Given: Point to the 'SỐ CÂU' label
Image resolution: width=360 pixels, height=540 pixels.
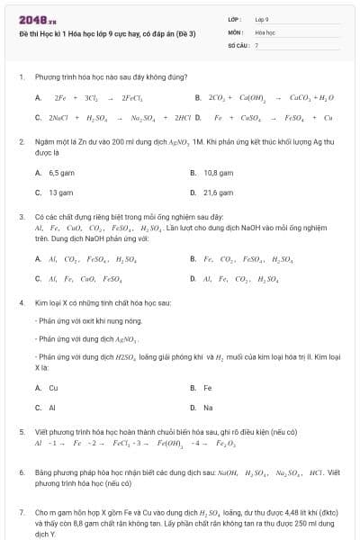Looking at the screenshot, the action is (237, 44).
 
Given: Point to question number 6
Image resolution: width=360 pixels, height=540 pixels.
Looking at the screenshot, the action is (21, 472).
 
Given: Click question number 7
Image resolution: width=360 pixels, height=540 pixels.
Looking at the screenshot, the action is (21, 511).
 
